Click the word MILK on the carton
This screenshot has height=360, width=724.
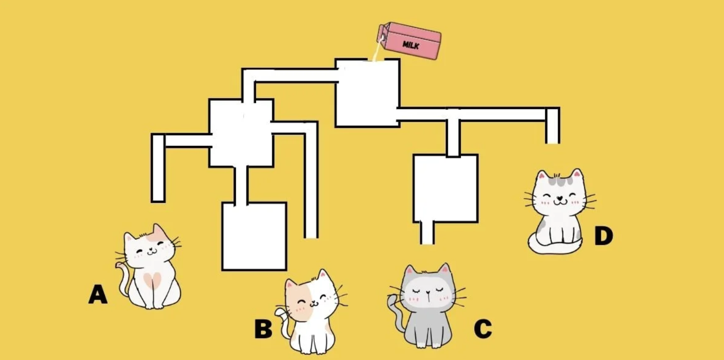pyautogui.click(x=411, y=45)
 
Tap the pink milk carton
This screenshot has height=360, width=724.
pyautogui.click(x=409, y=41)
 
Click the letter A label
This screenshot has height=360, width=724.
pyautogui.click(x=97, y=294)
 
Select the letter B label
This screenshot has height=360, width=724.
pyautogui.click(x=263, y=328)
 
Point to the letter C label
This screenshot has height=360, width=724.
pyautogui.click(x=483, y=328)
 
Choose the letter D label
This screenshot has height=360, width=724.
pyautogui.click(x=603, y=236)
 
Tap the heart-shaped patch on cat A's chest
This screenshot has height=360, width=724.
pyautogui.click(x=152, y=280)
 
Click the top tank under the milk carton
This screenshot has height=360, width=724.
pyautogui.click(x=368, y=93)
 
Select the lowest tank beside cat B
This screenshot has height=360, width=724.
pyautogui.click(x=254, y=236)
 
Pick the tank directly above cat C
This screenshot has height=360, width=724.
pyautogui.click(x=446, y=188)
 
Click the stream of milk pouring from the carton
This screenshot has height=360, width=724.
pyautogui.click(x=377, y=50)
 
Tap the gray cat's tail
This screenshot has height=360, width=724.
pyautogui.click(x=396, y=315)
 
